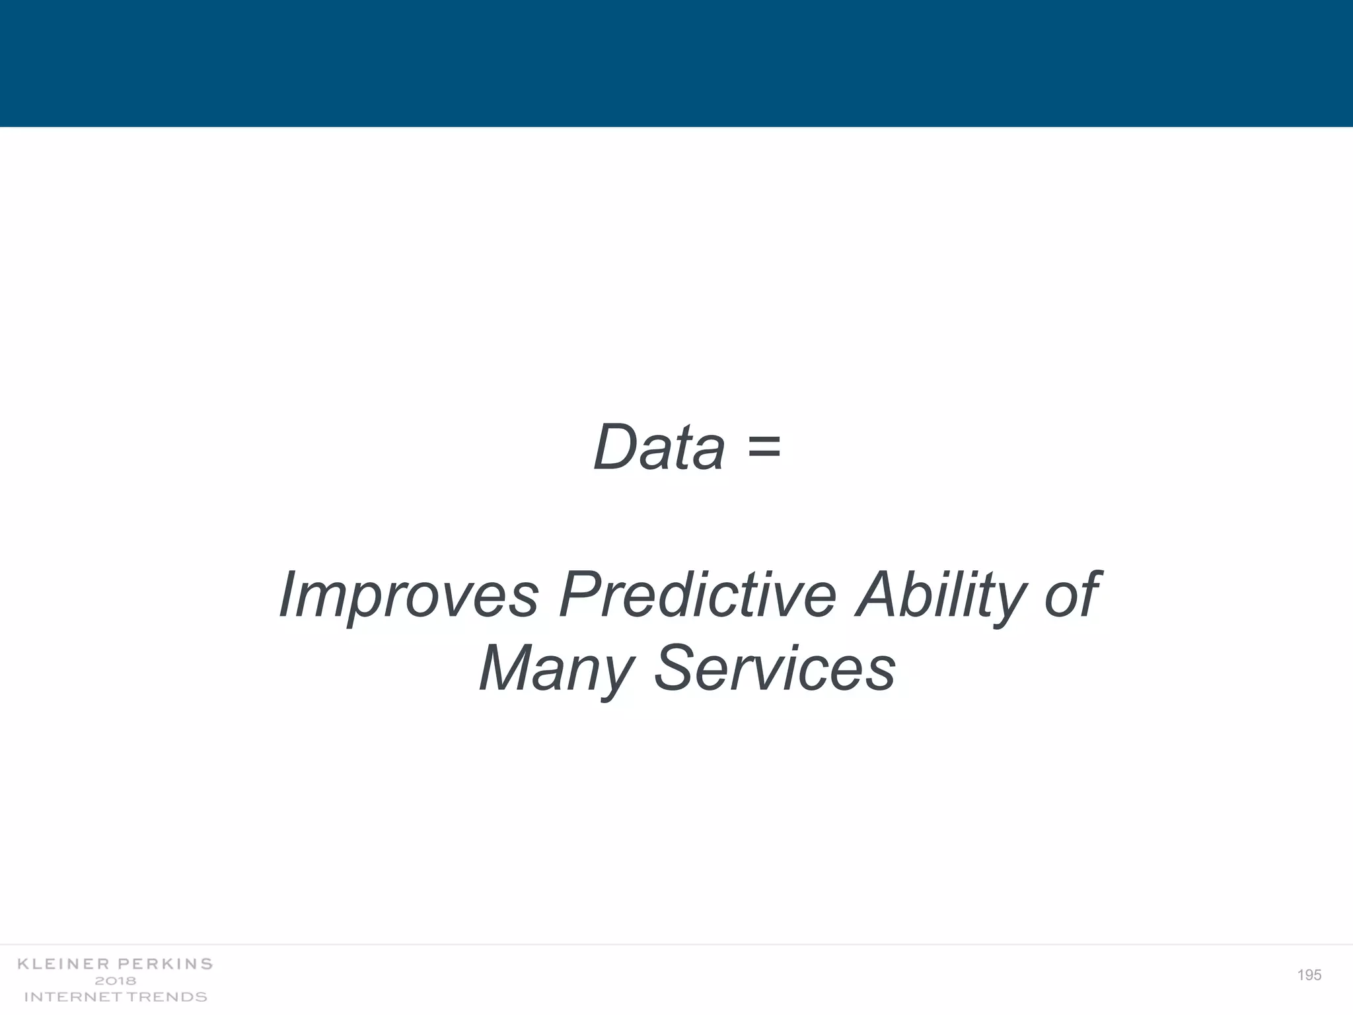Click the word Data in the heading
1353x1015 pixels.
(x=659, y=447)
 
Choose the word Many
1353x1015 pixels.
(x=556, y=669)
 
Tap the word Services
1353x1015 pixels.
(x=774, y=669)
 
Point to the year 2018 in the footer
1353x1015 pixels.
(x=116, y=981)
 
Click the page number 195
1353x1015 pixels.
(x=1309, y=975)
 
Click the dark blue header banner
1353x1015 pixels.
(x=676, y=63)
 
